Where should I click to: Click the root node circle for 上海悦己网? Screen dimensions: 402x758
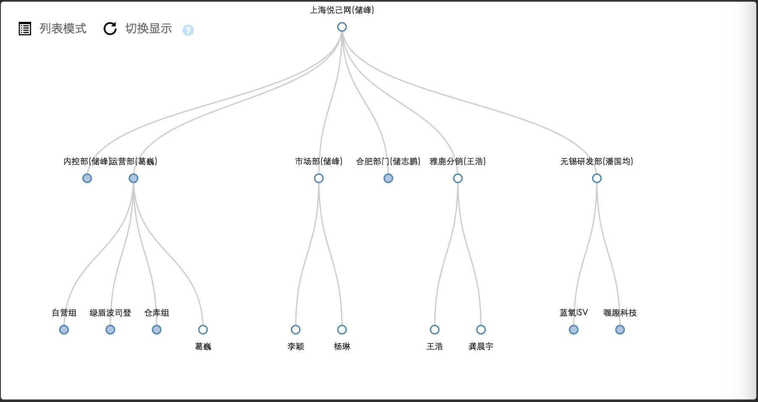click(x=342, y=27)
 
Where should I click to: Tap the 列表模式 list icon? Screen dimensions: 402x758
click(x=25, y=29)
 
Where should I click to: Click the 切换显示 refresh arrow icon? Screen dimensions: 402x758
click(x=110, y=29)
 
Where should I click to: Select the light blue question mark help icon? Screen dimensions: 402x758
click(x=188, y=30)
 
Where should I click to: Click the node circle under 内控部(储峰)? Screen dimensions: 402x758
click(x=87, y=178)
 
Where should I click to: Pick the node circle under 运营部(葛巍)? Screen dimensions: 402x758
click(x=133, y=178)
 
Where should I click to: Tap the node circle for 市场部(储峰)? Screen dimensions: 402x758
click(x=319, y=178)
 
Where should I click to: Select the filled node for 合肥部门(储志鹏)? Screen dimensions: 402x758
click(x=388, y=178)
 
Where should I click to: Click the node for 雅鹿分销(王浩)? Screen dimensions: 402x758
click(x=458, y=178)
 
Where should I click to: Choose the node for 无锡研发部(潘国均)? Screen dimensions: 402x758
click(x=597, y=178)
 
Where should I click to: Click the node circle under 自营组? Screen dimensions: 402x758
click(x=64, y=330)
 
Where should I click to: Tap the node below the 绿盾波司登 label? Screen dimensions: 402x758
click(x=110, y=330)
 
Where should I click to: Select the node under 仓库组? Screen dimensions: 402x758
click(x=156, y=330)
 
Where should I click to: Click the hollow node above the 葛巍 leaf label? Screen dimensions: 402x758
click(x=203, y=330)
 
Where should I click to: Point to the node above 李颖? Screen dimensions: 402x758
click(x=296, y=330)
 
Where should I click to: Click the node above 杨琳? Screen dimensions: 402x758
click(x=342, y=330)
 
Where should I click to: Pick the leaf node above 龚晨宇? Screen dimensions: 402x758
click(x=481, y=330)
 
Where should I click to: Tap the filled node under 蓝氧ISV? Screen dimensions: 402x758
click(x=574, y=330)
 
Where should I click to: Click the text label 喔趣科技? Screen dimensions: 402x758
click(x=620, y=313)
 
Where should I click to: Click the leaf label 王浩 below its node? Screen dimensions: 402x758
click(x=434, y=346)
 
